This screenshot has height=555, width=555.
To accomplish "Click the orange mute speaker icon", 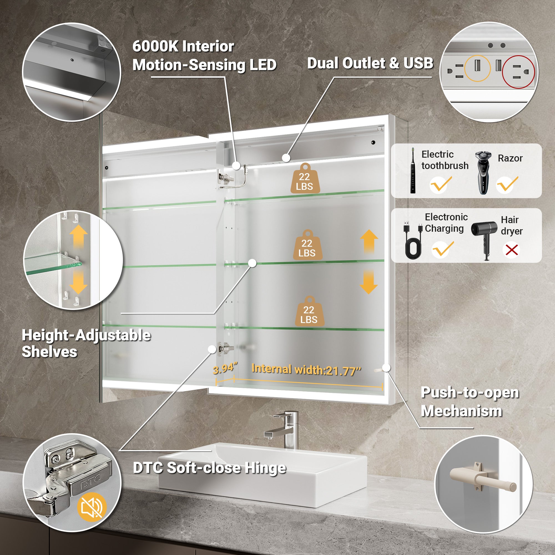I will tap(92, 508).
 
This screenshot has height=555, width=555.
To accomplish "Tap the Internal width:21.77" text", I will tap(306, 370).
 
